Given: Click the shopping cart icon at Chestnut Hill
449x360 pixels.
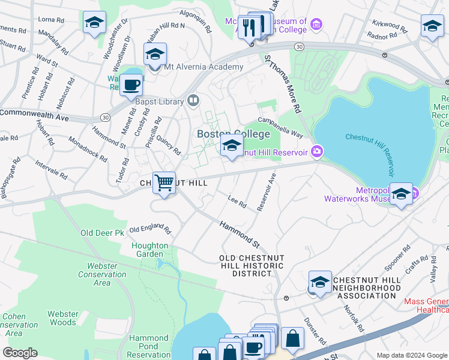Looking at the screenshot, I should tap(164, 182).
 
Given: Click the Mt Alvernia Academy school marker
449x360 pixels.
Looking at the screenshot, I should tap(155, 55).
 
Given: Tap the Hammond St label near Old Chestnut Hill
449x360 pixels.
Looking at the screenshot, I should tap(239, 234).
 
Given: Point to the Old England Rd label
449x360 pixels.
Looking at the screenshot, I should tap(150, 229).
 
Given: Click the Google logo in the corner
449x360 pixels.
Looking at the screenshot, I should tap(20, 353).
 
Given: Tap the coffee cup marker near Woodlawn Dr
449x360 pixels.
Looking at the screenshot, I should tap(130, 85).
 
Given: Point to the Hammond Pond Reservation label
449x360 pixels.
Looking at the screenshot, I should tap(149, 346).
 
